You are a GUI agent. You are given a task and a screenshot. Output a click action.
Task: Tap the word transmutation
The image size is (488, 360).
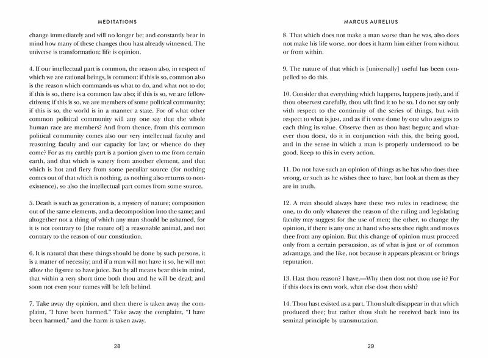pos(354,321)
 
